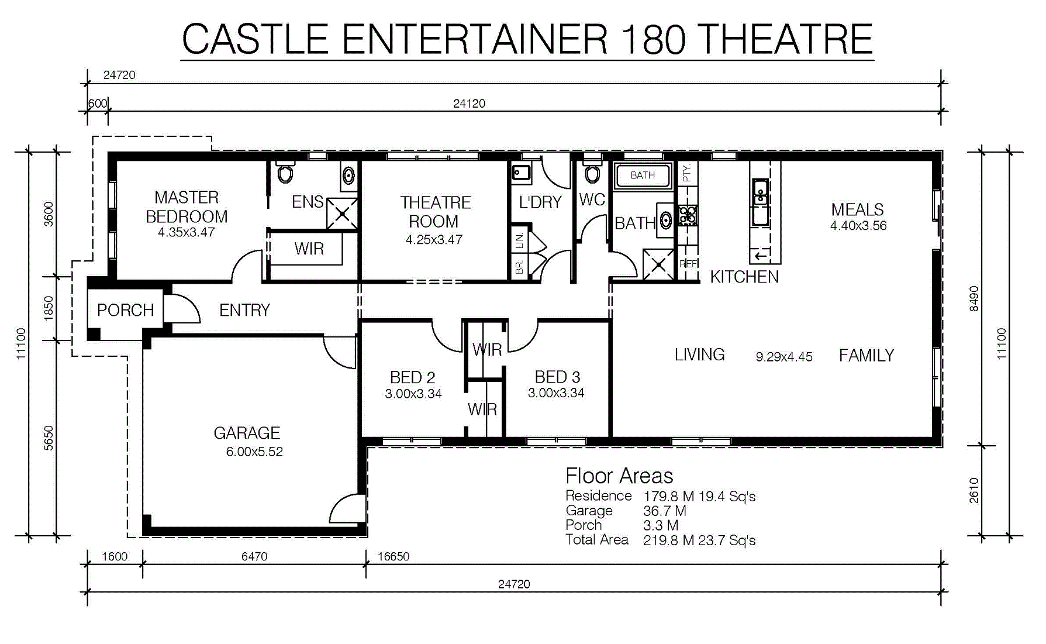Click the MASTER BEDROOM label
tap(187, 206)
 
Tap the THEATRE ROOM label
tap(435, 212)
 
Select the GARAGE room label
tap(247, 433)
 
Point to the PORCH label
tap(125, 310)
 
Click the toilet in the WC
tap(592, 174)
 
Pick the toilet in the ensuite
tap(285, 173)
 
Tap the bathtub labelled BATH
tap(643, 175)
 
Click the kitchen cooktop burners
tap(688, 216)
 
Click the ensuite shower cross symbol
tap(341, 213)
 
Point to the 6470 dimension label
tap(254, 556)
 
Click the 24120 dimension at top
tap(469, 104)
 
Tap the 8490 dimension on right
tap(973, 298)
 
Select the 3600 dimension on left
tap(49, 214)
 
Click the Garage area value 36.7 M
tap(665, 511)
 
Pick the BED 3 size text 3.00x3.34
tap(556, 393)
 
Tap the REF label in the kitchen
tap(688, 264)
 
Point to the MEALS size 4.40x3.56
tap(858, 226)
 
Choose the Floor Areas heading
tap(619, 476)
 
